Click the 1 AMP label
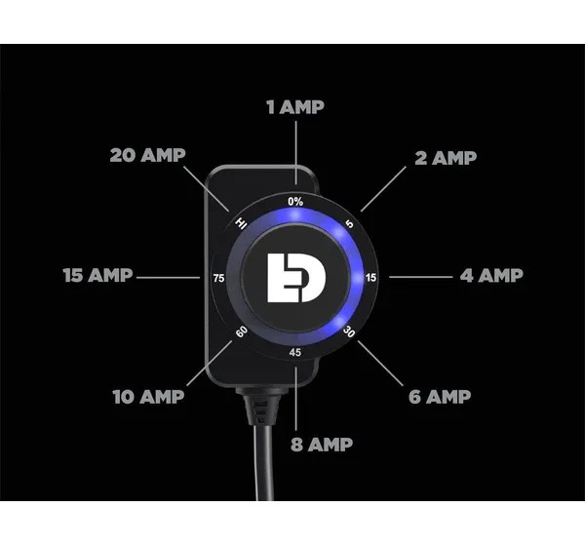(295, 107)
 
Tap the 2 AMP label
(446, 158)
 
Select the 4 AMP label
(491, 275)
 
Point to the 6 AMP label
(440, 397)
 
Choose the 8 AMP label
(322, 445)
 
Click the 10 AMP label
(148, 397)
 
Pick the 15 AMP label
(97, 275)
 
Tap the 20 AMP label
(148, 155)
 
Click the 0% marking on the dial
(295, 202)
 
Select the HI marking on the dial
(241, 223)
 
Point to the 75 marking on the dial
(219, 278)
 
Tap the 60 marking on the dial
(242, 331)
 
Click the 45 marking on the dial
(295, 352)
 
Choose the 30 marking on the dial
(349, 331)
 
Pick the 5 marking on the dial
(349, 223)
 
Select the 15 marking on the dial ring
(370, 278)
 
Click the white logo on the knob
(296, 278)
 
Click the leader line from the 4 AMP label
(421, 277)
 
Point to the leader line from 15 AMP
(169, 277)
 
